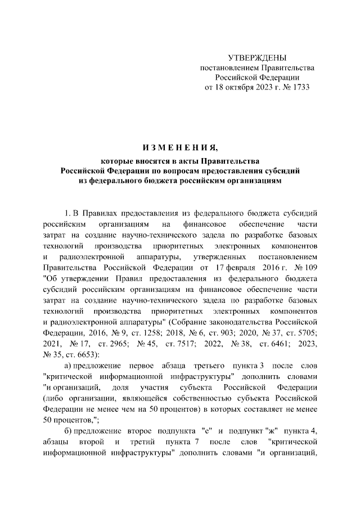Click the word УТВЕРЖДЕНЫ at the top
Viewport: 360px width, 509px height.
(257, 57)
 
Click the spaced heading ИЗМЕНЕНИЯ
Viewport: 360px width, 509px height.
(179, 148)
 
